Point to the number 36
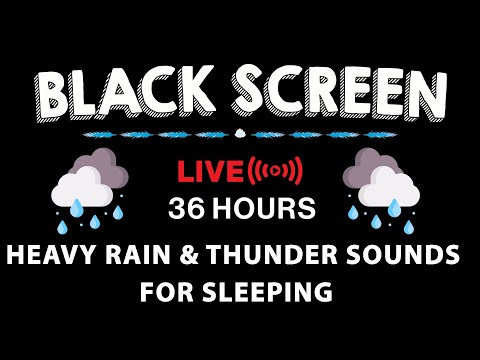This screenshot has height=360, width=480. (x=185, y=209)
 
